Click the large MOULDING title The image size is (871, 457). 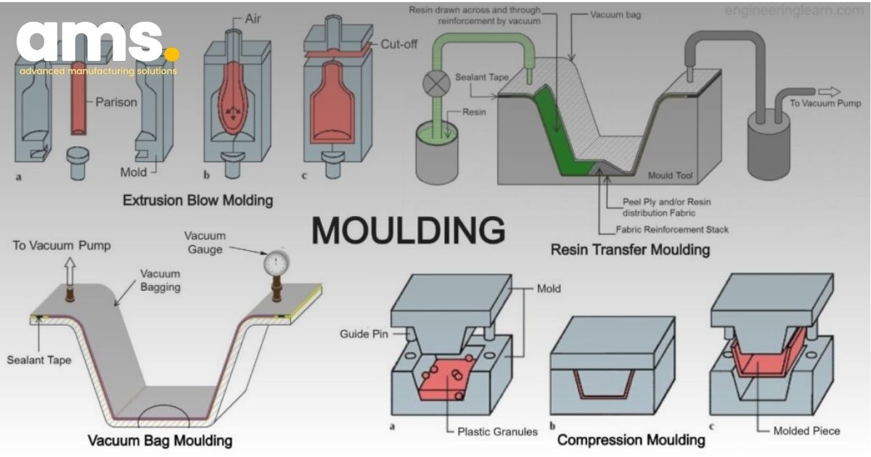pos(409,230)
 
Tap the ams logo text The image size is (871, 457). pos(91,44)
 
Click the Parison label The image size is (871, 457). pos(116,102)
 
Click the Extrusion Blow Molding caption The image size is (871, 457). pos(198,199)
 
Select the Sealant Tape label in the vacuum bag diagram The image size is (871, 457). pos(39,360)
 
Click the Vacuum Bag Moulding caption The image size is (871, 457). pos(160,440)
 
